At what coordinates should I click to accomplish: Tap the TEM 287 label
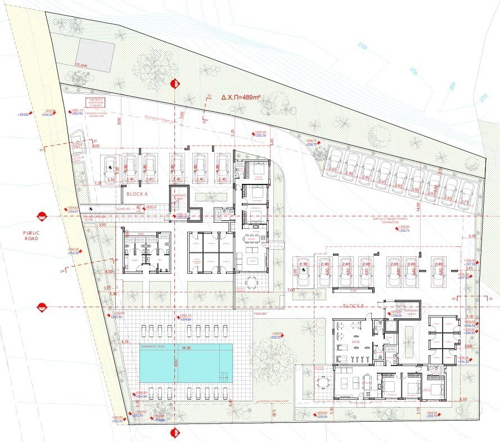click(x=259, y=313)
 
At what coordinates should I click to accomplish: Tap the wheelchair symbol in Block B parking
click(x=304, y=270)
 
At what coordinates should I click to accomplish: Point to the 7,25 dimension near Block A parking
click(x=97, y=183)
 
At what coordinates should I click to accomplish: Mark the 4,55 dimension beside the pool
click(x=125, y=341)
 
